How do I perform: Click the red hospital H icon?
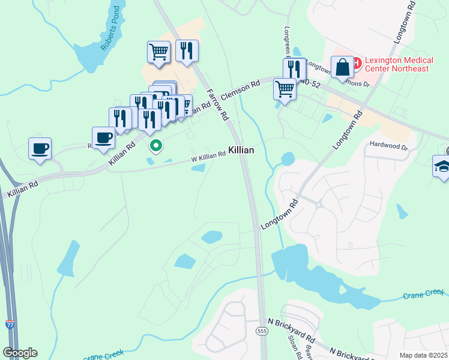click(x=355, y=61)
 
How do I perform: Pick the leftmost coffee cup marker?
click(x=40, y=148)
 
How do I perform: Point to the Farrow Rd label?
click(x=217, y=104)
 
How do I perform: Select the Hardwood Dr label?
click(x=388, y=146)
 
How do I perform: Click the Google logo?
click(x=20, y=352)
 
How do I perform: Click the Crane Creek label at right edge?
click(x=423, y=295)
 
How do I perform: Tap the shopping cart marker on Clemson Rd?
click(x=285, y=89)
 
